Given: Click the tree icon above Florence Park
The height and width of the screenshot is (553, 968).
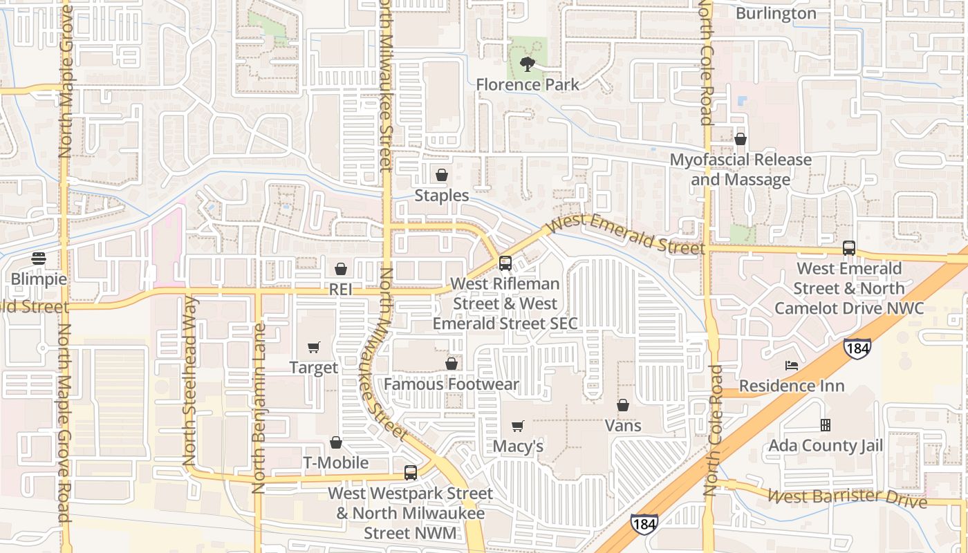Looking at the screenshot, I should tap(528, 65).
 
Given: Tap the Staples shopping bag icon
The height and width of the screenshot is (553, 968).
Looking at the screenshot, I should tap(442, 175).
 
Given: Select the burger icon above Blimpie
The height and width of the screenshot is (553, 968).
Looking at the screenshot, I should tap(39, 259).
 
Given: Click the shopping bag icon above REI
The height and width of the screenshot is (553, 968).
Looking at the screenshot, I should tap(340, 268).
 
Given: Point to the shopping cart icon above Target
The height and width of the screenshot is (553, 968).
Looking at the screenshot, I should tap(314, 347).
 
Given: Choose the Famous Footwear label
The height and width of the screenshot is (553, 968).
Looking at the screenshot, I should tap(452, 384).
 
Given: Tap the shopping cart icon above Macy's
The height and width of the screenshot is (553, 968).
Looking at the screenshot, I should tap(517, 426).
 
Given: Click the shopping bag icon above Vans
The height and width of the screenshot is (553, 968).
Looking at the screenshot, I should tap(623, 405).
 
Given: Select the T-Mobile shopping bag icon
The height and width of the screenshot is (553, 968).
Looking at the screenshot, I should tap(336, 442).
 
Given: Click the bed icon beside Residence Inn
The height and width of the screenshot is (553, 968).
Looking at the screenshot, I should tap(792, 365).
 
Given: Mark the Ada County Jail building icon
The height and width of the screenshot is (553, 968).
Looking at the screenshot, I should tap(825, 425).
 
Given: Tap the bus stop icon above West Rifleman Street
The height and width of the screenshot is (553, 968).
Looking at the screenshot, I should tap(505, 263).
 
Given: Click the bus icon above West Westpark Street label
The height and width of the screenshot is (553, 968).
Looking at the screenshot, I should tap(411, 473).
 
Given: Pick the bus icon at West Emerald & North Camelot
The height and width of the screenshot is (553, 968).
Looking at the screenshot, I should tap(849, 248).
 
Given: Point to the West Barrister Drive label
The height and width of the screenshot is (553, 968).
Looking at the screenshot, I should tap(847, 497).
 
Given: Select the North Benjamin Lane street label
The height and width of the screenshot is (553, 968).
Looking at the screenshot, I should tap(259, 408).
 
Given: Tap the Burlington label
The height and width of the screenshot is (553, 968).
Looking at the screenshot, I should tap(776, 14).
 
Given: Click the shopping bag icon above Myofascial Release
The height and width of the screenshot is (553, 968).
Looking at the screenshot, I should tap(741, 139).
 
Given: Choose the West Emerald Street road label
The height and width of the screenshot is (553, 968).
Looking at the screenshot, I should tap(626, 235).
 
